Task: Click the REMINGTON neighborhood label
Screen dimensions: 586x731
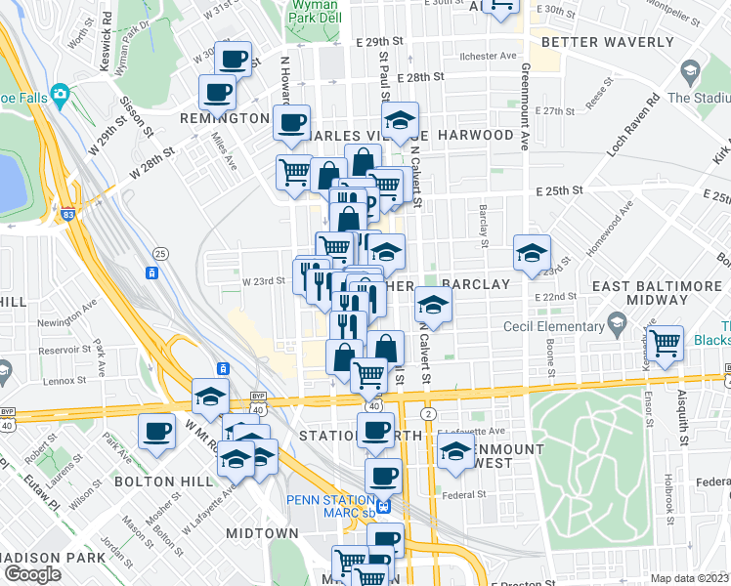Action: pos(225,118)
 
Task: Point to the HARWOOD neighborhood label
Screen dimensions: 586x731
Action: pos(476,134)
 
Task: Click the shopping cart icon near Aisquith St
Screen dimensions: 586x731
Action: pos(665,344)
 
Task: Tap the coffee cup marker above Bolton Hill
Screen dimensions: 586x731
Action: pos(156,430)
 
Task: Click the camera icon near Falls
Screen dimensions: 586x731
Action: pos(60,94)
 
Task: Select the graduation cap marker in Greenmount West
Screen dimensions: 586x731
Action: pos(455,451)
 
